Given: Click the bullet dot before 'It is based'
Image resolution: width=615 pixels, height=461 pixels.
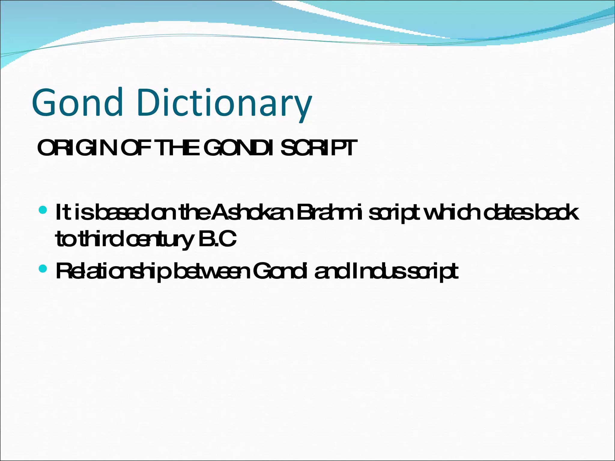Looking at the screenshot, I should coord(43,209).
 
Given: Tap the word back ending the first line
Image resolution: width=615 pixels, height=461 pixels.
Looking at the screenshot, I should coord(557,212).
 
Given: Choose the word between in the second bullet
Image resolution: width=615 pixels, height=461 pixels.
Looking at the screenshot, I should coord(211,271).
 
